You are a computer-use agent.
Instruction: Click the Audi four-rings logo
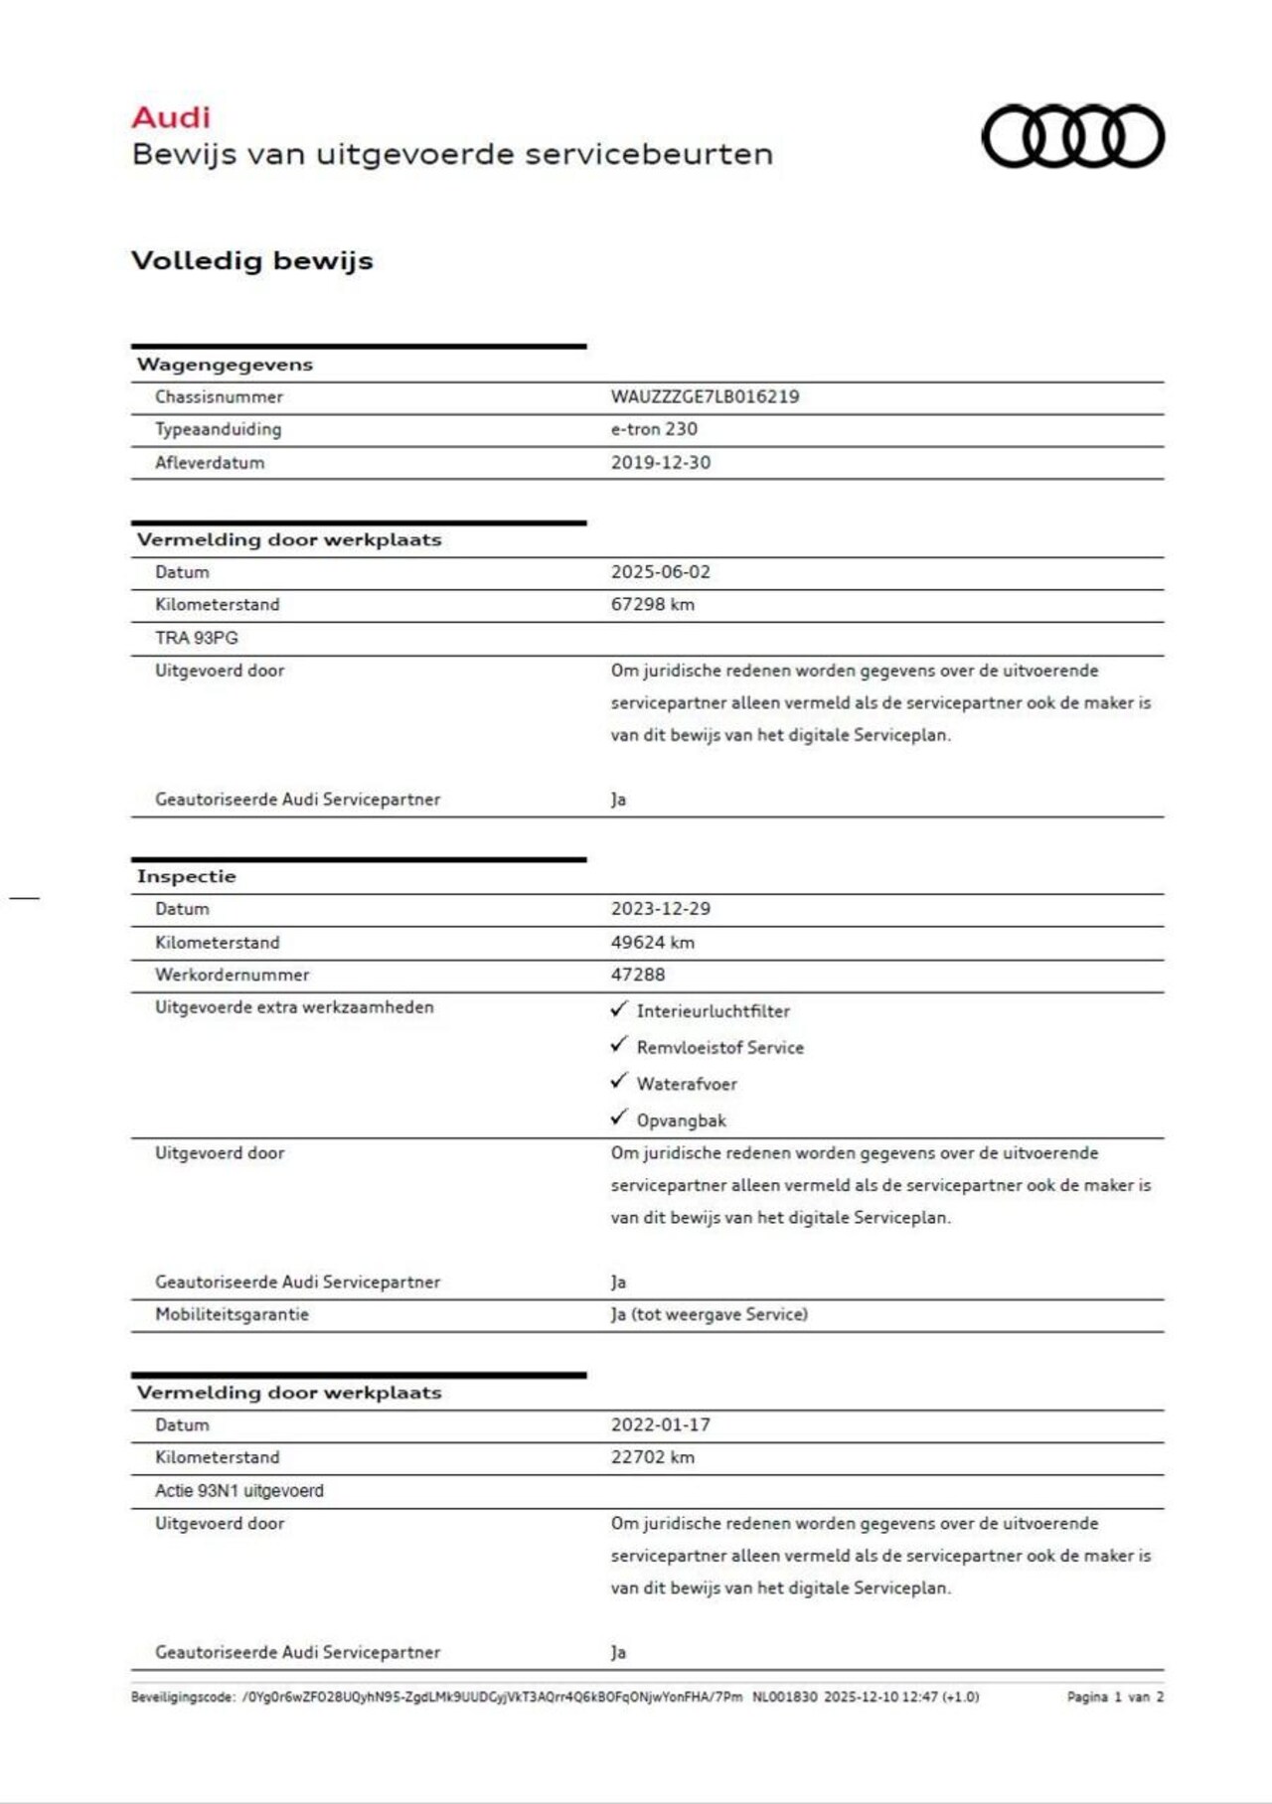[x=1072, y=136]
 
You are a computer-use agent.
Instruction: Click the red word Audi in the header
[x=171, y=117]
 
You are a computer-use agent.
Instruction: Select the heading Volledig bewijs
[x=252, y=260]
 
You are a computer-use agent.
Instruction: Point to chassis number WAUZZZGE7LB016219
[x=705, y=396]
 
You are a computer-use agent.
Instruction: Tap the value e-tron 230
[x=654, y=429]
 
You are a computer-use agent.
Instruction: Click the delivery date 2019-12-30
[x=661, y=462]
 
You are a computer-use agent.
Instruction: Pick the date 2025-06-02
[x=661, y=572]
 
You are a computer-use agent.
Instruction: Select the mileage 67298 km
[x=652, y=604]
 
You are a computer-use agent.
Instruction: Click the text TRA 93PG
[x=197, y=638]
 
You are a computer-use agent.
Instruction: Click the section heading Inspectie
[x=187, y=876]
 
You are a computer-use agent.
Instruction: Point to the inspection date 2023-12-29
[x=661, y=909]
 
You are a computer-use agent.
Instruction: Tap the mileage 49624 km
[x=652, y=942]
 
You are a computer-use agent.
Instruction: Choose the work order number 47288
[x=638, y=975]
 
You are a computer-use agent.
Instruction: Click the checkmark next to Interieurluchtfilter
[x=619, y=1009]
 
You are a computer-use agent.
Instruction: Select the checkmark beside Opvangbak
[x=619, y=1119]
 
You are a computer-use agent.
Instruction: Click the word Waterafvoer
[x=687, y=1084]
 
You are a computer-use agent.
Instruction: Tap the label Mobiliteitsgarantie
[x=232, y=1314]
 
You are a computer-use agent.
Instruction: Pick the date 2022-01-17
[x=661, y=1425]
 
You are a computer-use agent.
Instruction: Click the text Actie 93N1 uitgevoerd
[x=239, y=1490]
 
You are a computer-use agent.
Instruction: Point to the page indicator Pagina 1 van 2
[x=1115, y=1697]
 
